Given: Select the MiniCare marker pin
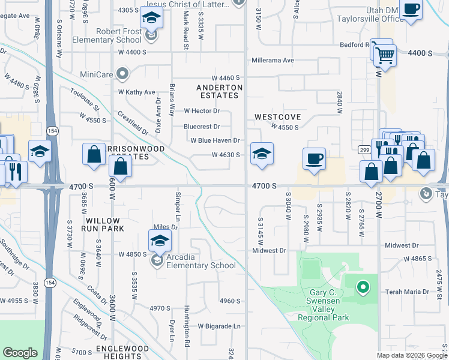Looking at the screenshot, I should point(123,75).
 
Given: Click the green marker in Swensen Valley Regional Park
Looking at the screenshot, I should point(362,288).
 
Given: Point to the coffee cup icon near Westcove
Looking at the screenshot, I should point(314,159).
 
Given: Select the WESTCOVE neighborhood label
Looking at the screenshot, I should point(277,116).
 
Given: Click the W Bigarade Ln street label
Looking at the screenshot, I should point(219,326).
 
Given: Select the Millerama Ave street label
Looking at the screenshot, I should point(273,61).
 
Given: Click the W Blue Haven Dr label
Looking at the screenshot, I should point(215,140).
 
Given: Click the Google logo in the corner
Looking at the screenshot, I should point(20,353).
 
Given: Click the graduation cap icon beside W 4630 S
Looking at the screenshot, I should point(262,154).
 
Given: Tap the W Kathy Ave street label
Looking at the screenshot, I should point(137,92).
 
